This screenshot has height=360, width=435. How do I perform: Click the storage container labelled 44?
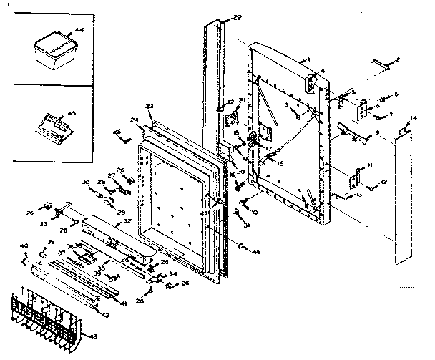pyautogui.click(x=54, y=51)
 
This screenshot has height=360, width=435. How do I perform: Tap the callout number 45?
pyautogui.click(x=72, y=112)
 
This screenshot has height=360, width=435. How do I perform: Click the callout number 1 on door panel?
pyautogui.click(x=308, y=58)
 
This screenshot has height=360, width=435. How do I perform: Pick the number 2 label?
pyautogui.click(x=398, y=59)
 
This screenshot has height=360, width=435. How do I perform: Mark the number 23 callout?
pyautogui.click(x=150, y=106)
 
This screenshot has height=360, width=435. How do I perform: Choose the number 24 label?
pyautogui.click(x=134, y=120)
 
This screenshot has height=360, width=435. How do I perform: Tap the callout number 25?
pyautogui.click(x=117, y=131)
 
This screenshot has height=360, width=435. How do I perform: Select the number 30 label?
pyautogui.click(x=85, y=181)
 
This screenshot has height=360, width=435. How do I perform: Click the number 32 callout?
pyautogui.click(x=127, y=221)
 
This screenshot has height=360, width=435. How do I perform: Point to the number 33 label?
pyautogui.click(x=44, y=224)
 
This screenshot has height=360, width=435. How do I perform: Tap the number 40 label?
pyautogui.click(x=24, y=245)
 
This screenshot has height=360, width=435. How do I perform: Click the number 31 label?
pyautogui.click(x=247, y=227)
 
